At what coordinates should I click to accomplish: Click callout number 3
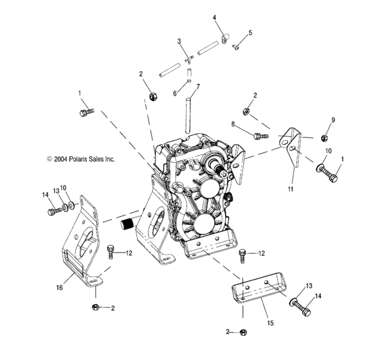pos(179,41)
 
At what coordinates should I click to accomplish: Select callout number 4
pos(215,17)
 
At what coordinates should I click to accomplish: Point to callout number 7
pos(198,86)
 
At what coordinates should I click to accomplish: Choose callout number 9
pos(333,120)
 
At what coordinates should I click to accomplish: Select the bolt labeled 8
pos(259,136)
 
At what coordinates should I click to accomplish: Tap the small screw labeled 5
pos(237,46)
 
